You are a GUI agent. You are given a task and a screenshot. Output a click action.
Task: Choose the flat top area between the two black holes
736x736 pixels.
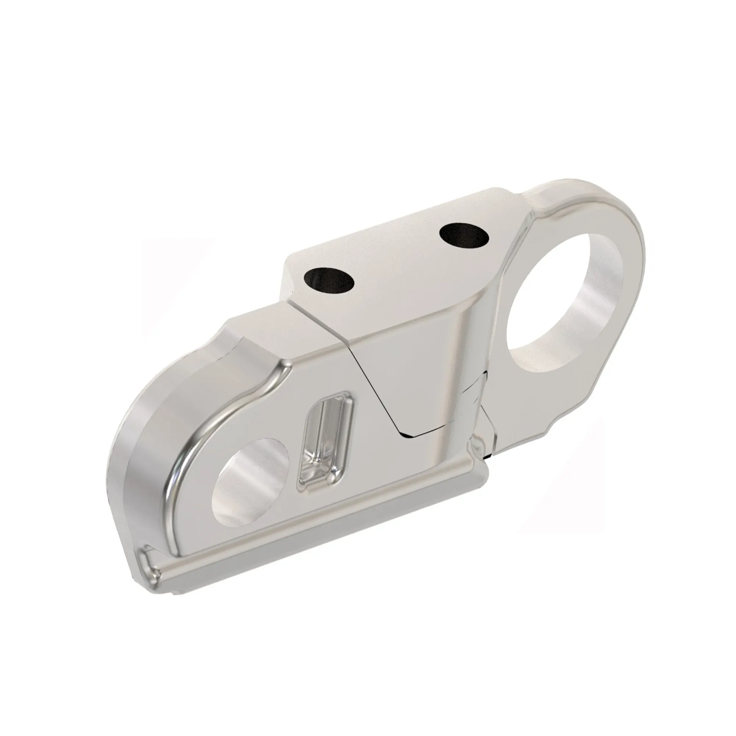coord(396,259)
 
